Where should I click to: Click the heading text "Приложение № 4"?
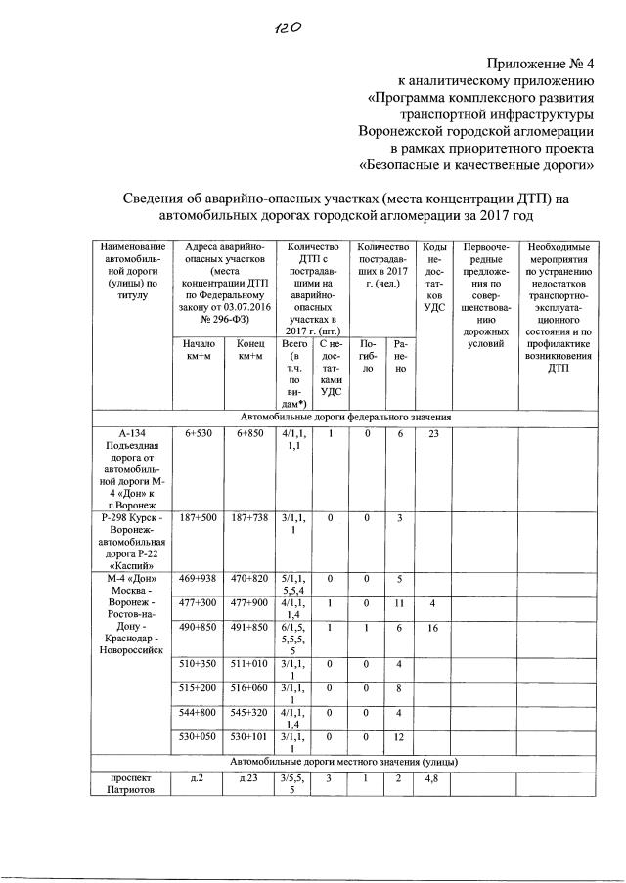tap(555, 66)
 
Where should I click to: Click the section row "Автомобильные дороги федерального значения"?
tap(344, 418)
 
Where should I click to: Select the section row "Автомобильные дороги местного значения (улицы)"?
tap(344, 761)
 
